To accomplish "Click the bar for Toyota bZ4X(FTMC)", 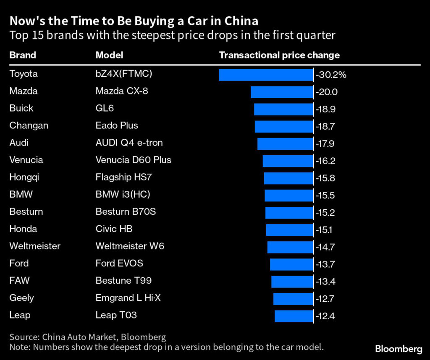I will (266, 75).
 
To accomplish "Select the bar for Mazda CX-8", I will (282, 92).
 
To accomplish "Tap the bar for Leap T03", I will (294, 316).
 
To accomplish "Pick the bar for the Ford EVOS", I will (291, 264).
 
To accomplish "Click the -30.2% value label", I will (331, 75).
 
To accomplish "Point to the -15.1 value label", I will (325, 230).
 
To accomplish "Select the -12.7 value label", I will (325, 298).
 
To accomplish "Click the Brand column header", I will (23, 55).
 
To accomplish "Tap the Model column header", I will (109, 55).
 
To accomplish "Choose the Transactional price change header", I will (279, 55).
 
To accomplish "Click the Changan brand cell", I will (29, 125).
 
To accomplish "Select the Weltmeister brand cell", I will (35, 246).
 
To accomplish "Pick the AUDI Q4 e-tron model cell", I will (129, 143).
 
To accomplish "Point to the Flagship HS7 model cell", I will (123, 177).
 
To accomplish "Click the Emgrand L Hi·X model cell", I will (128, 298).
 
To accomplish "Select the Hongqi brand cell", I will (24, 177).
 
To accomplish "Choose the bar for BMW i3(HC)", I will (289, 195).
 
